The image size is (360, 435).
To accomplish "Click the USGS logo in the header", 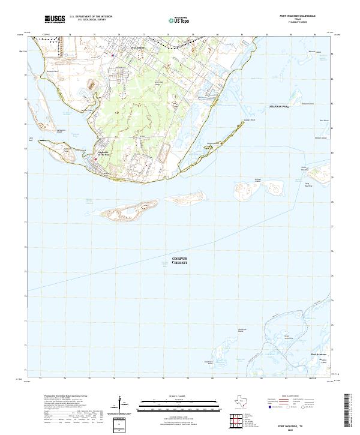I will click(55, 19).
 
